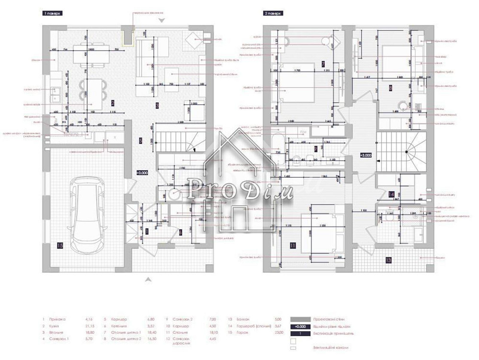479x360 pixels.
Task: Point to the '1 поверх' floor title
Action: pos(53,14)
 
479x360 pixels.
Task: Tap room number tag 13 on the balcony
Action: pos(388,260)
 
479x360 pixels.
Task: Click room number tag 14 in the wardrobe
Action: pos(391,194)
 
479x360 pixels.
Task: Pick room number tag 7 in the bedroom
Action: pos(323,64)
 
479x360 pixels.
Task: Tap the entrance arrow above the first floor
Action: pos(162,20)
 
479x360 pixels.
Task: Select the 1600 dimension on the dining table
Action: pos(91,49)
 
